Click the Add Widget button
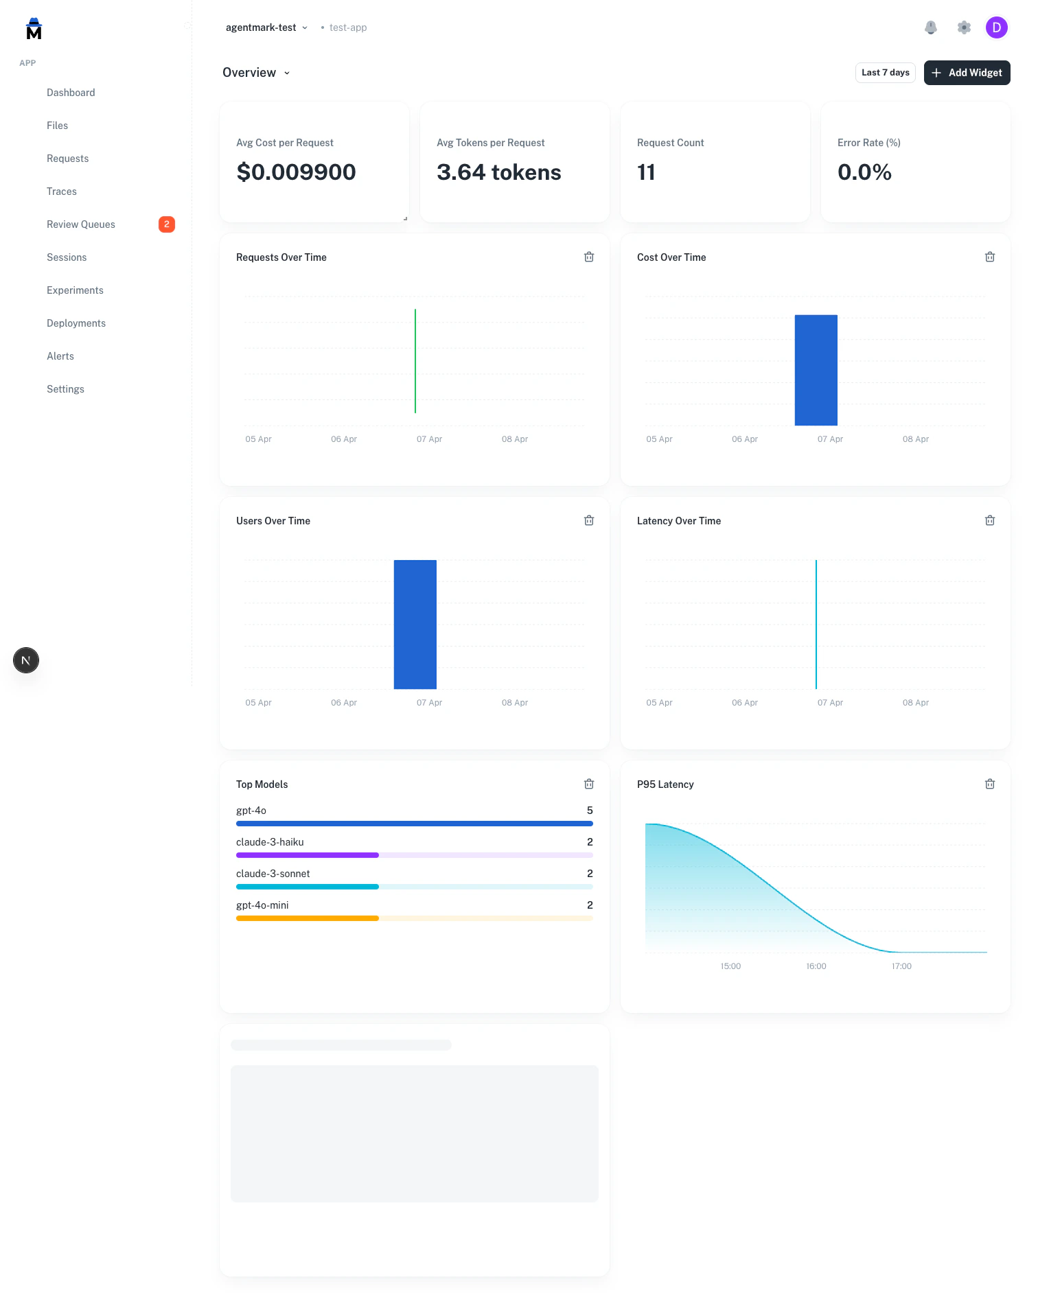click(x=967, y=73)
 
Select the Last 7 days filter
click(x=885, y=73)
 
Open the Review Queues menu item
click(x=81, y=224)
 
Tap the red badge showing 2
click(x=167, y=224)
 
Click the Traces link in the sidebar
click(x=62, y=191)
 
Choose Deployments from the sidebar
click(x=76, y=323)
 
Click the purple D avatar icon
click(x=996, y=27)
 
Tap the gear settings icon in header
click(x=964, y=27)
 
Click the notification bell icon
click(x=931, y=27)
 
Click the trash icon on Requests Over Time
click(x=589, y=257)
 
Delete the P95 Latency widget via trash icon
click(x=990, y=784)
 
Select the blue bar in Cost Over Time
click(x=816, y=371)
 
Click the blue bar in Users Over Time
click(x=415, y=625)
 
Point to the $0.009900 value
click(x=296, y=172)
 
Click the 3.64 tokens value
click(x=499, y=172)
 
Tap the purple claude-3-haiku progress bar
click(x=308, y=855)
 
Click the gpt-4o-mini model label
click(x=262, y=905)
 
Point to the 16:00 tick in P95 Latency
click(x=816, y=966)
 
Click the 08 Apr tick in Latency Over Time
click(x=915, y=703)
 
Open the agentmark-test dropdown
click(x=266, y=27)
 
